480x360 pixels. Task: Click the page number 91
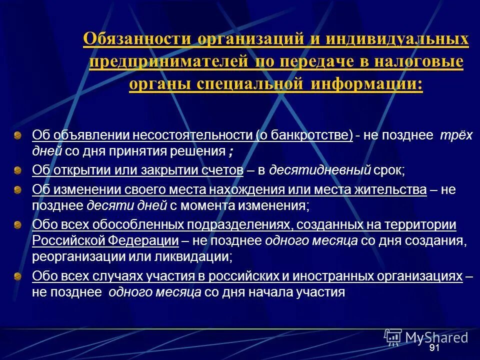coord(434,348)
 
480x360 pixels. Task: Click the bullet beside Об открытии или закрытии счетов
coord(17,170)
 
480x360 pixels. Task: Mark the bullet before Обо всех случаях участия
coord(17,276)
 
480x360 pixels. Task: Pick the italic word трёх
coord(455,135)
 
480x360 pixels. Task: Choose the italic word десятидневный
coord(320,170)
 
